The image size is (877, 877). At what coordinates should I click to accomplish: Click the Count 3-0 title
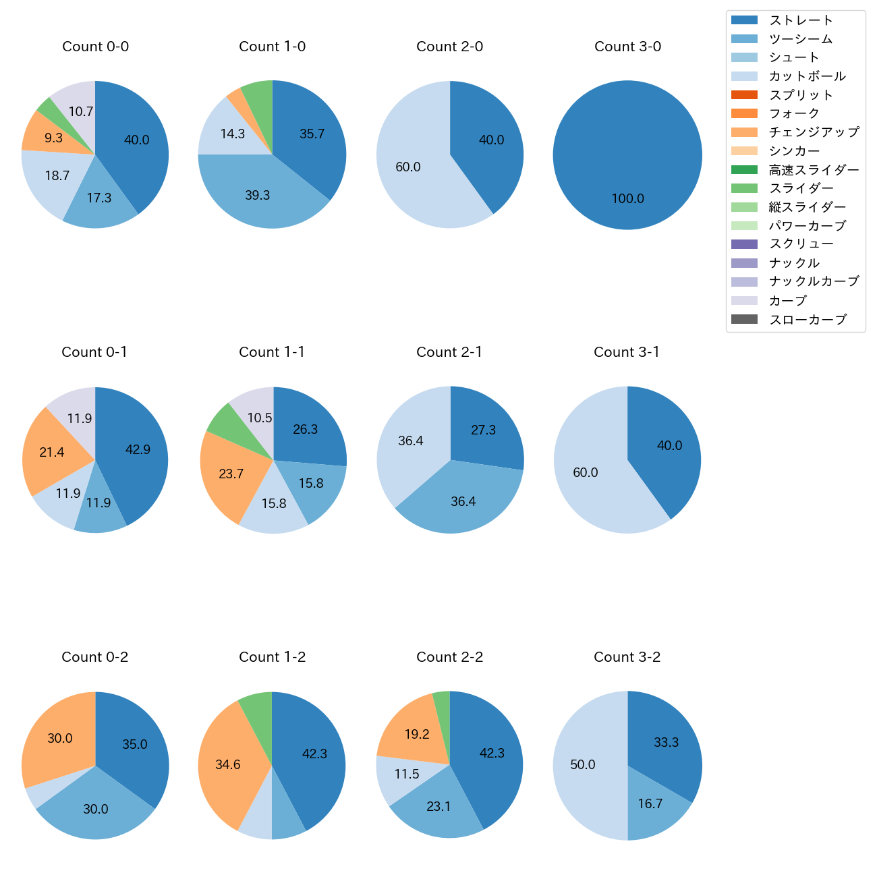[x=627, y=47]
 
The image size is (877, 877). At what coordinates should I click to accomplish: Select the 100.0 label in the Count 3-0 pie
[x=627, y=199]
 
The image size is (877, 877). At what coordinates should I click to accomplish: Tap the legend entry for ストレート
[x=801, y=20]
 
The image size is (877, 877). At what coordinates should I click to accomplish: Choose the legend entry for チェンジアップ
[x=814, y=132]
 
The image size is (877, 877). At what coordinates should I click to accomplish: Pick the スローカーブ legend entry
[x=808, y=320]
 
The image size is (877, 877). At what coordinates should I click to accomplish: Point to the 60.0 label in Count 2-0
[x=408, y=167]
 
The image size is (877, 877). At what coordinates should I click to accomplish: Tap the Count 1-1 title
[x=272, y=352]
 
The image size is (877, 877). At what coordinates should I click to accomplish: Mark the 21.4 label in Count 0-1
[x=52, y=453]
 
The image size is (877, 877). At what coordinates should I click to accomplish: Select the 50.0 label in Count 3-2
[x=583, y=765]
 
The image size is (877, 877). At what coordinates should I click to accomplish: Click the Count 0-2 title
[x=95, y=657]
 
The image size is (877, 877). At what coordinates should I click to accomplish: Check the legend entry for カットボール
[x=807, y=76]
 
